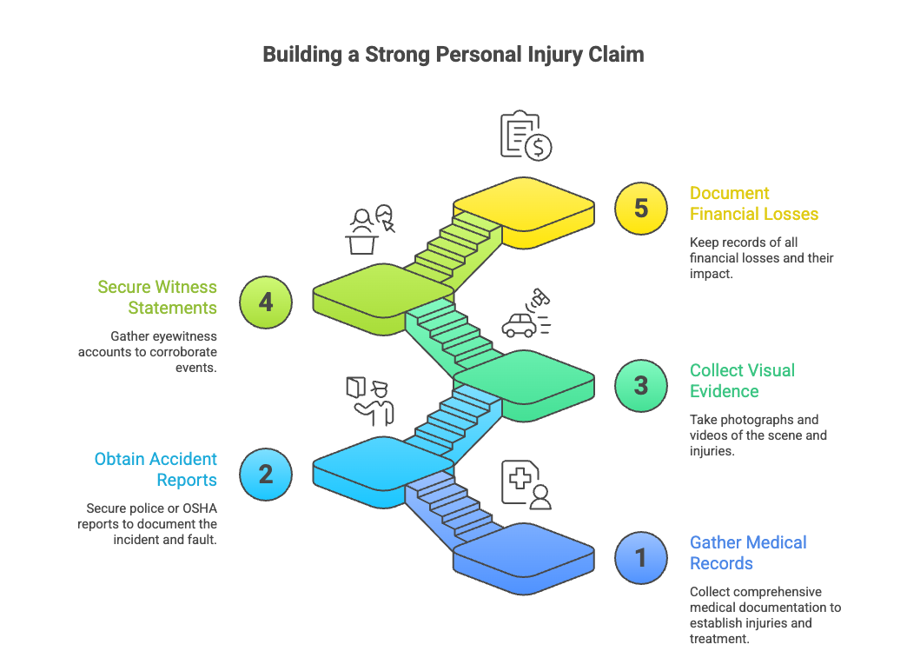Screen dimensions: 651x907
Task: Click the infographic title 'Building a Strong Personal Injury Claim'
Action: pos(453,55)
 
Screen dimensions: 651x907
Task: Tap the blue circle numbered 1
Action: pos(641,556)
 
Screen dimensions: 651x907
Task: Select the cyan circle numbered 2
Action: pos(266,473)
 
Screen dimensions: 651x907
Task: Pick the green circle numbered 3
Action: pos(641,384)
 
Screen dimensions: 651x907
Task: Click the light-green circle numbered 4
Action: pos(266,302)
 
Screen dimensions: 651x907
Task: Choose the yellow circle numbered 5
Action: pos(641,208)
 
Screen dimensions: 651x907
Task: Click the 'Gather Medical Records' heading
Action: pos(747,553)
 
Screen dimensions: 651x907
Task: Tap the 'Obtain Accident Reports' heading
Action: pos(156,469)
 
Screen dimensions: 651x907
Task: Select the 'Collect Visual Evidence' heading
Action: pos(742,381)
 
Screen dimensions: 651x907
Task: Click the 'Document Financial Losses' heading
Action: pos(753,203)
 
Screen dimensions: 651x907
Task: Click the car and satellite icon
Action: pos(526,315)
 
